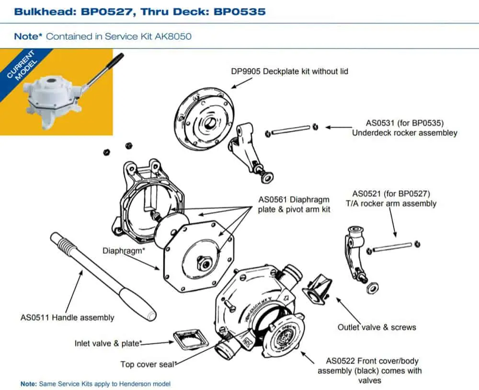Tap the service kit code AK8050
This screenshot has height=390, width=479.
click(173, 36)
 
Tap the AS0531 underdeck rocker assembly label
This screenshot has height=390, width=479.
click(404, 128)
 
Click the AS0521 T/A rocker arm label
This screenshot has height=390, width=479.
click(391, 199)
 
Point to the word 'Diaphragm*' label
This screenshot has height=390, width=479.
click(124, 251)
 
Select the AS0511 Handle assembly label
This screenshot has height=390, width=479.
click(67, 317)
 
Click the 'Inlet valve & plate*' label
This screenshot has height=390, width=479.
click(108, 343)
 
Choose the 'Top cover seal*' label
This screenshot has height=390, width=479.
click(149, 364)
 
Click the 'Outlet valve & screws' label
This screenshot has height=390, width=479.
click(377, 327)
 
